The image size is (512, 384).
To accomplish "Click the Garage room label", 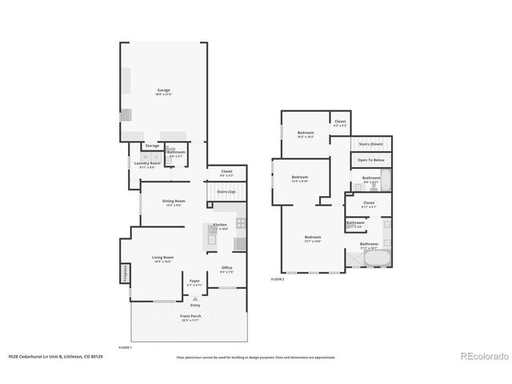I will click(x=163, y=92).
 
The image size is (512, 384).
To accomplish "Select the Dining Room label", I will click(x=174, y=202).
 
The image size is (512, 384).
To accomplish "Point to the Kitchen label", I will click(x=220, y=226).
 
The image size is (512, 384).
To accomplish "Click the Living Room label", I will click(x=163, y=258).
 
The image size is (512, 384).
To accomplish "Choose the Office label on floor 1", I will click(x=227, y=268).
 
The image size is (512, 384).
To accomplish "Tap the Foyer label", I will click(x=194, y=282).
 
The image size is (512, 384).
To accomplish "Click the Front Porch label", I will click(x=190, y=317).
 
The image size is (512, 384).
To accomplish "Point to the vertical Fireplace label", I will click(x=126, y=274).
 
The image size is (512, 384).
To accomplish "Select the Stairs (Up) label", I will click(x=226, y=193).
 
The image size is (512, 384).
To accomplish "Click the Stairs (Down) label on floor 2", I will click(x=371, y=144).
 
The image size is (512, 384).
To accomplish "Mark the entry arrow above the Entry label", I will click(x=194, y=298).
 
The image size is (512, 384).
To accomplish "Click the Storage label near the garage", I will click(x=152, y=146).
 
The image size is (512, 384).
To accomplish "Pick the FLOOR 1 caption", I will click(x=125, y=348).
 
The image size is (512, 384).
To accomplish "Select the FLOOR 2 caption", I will click(x=278, y=279).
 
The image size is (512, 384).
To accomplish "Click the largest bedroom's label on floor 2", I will click(x=313, y=238).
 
